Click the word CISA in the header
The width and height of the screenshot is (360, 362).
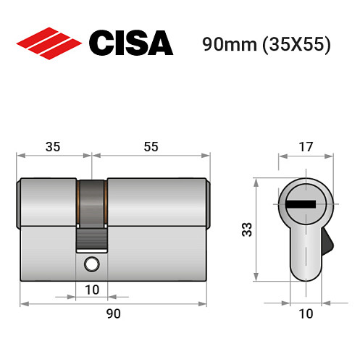pyautogui.click(x=130, y=43)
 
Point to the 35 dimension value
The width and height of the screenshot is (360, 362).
pyautogui.click(x=51, y=147)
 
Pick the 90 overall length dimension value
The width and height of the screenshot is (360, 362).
pyautogui.click(x=113, y=313)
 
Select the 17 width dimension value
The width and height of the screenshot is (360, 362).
pyautogui.click(x=305, y=147)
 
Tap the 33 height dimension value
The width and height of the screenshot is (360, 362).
pyautogui.click(x=246, y=230)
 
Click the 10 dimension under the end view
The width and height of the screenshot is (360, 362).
pyautogui.click(x=305, y=313)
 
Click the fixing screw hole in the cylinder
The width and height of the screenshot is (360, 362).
pyautogui.click(x=91, y=264)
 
